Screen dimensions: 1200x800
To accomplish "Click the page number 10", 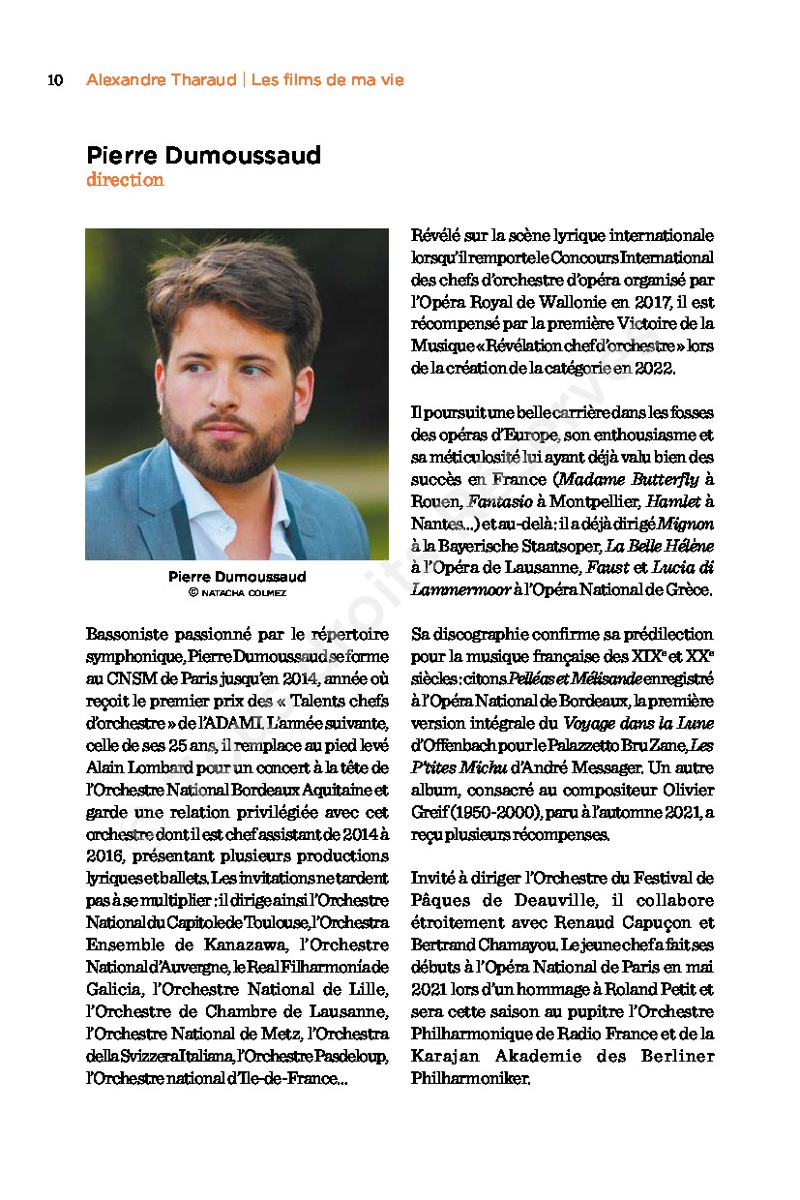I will [x=55, y=80].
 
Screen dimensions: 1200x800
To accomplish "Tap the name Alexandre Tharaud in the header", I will [x=161, y=80].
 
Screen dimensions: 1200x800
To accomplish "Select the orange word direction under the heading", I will [x=125, y=180].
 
